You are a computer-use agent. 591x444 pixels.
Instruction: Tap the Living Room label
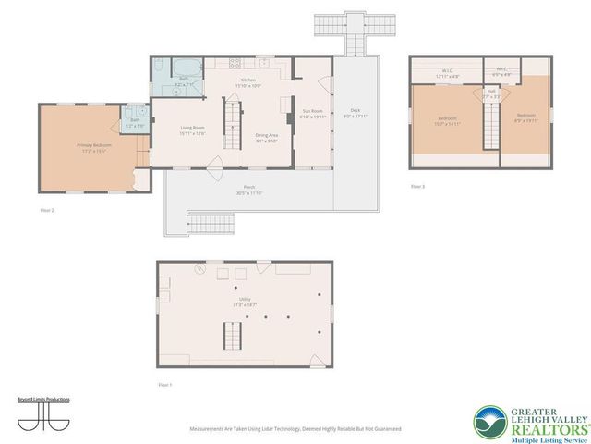click(x=192, y=130)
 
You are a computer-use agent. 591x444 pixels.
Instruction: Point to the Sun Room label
click(x=311, y=114)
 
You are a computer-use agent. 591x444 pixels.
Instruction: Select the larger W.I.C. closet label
click(x=446, y=71)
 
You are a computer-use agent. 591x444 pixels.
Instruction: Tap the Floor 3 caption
click(x=418, y=186)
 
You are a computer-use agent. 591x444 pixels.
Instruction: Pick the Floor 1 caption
click(x=164, y=383)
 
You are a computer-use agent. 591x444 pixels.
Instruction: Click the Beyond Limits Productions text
click(x=44, y=400)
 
